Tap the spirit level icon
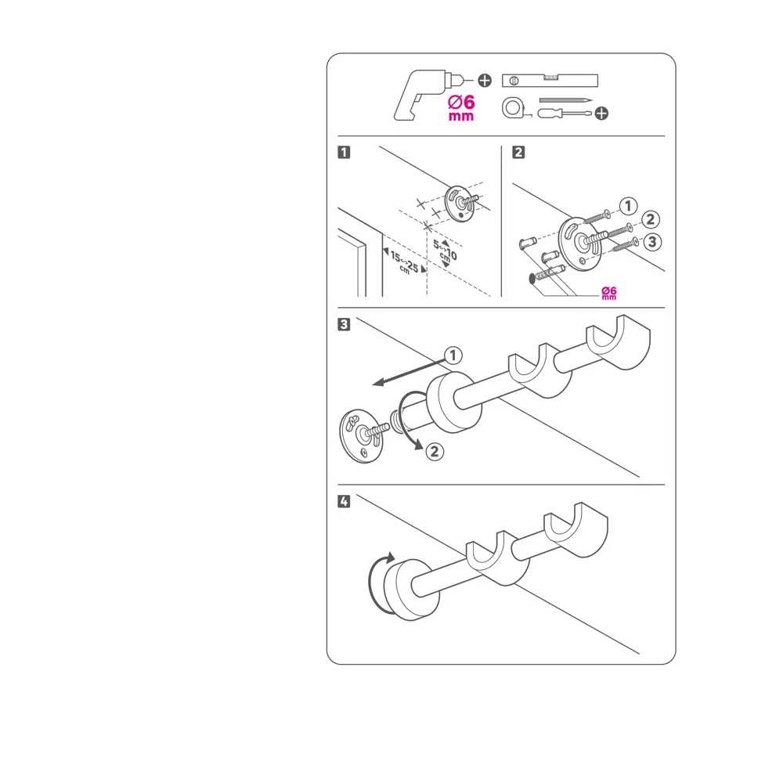point(550,81)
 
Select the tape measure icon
point(513,108)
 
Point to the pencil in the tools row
point(565,100)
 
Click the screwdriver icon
point(565,114)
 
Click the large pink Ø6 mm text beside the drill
point(461,108)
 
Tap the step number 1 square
point(344,152)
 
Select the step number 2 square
point(518,152)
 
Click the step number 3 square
point(344,324)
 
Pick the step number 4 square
point(344,501)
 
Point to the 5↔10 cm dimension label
point(445,251)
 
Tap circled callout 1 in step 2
point(628,206)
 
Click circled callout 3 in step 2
point(651,242)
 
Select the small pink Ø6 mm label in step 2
point(608,293)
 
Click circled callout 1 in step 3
point(453,355)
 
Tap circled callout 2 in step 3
point(435,452)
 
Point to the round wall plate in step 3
point(362,436)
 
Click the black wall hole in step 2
point(532,279)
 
